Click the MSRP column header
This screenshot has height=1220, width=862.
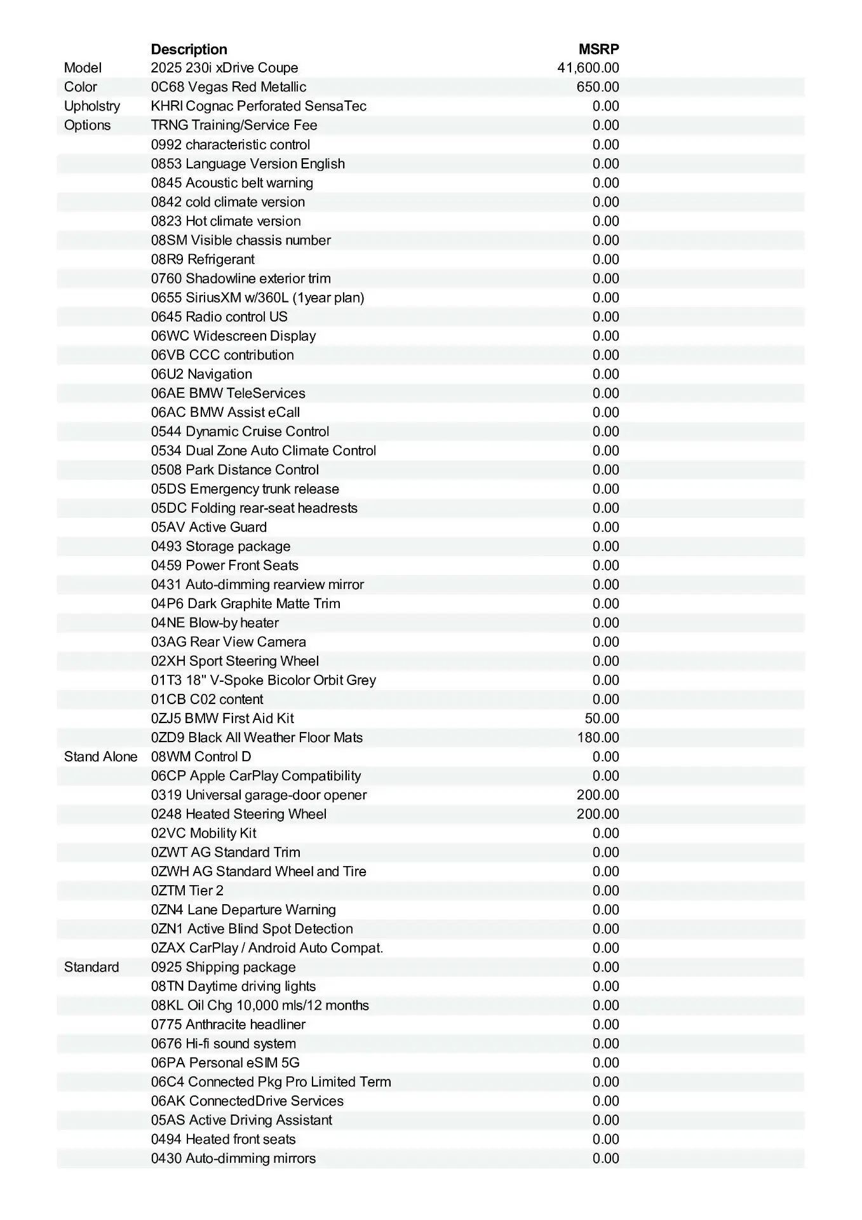(598, 49)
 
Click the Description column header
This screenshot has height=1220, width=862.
(189, 49)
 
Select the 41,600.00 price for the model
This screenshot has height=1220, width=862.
(588, 68)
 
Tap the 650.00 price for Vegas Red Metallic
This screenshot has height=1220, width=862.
(597, 87)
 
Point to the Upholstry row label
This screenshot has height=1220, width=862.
(92, 106)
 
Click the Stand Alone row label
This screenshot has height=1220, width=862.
(100, 757)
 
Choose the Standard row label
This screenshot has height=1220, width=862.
(91, 967)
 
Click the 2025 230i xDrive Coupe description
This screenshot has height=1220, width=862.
(224, 68)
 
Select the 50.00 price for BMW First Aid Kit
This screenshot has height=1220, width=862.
(602, 719)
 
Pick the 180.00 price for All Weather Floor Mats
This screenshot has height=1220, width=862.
(597, 738)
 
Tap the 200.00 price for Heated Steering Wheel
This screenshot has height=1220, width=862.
(597, 814)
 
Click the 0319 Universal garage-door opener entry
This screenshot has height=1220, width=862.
(259, 795)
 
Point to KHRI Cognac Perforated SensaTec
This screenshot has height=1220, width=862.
(259, 106)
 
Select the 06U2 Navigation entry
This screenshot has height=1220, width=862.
(201, 374)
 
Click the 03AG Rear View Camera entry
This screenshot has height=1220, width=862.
(228, 642)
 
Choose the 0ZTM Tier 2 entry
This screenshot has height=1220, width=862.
(187, 890)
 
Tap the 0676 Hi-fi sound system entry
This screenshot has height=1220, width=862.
(223, 1043)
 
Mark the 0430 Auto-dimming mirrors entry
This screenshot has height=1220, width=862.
(233, 1158)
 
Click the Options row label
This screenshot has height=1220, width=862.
(87, 125)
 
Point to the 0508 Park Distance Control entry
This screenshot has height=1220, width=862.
(234, 470)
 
